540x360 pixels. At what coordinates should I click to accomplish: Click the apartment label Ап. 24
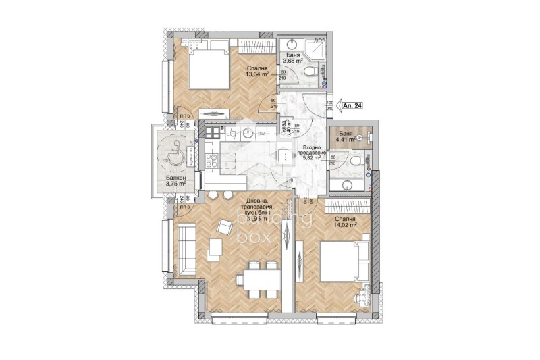coord(352,105)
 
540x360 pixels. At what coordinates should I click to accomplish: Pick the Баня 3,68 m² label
coord(292,60)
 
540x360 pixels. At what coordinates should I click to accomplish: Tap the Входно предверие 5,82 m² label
coord(314,155)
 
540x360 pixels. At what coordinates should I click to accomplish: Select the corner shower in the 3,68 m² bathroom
coord(315,49)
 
